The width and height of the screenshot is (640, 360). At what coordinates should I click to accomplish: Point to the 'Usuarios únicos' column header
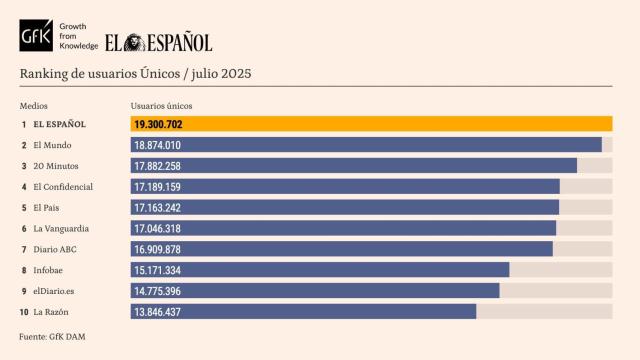point(161,106)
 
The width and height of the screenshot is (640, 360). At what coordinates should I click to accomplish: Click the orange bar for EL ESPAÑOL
point(371,125)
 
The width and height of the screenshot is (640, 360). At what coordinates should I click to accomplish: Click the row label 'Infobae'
point(50,270)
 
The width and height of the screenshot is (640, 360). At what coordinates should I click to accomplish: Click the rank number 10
point(23,312)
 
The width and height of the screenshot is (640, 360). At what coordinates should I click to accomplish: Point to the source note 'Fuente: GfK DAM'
point(52,337)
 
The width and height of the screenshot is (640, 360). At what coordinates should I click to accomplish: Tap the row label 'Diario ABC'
point(55,249)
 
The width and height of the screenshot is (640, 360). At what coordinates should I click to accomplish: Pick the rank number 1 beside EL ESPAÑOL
point(24,125)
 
